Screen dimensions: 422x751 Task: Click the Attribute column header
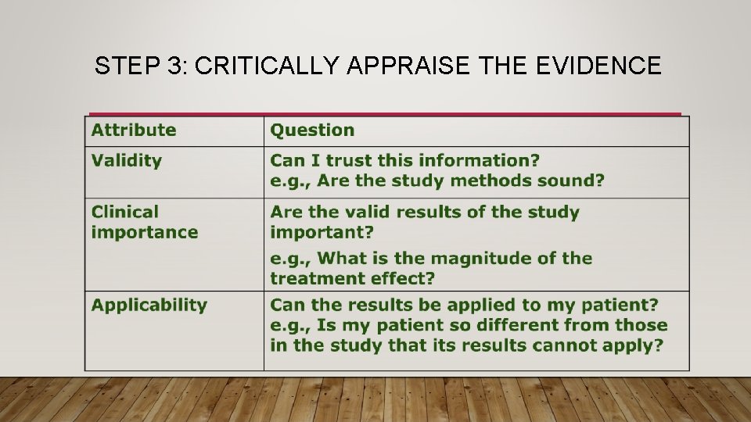point(134,131)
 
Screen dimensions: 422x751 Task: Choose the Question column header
point(312,131)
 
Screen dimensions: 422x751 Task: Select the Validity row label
point(127,161)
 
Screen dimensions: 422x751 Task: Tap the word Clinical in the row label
point(125,212)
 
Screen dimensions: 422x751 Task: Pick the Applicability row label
point(149,306)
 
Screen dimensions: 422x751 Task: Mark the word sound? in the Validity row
point(574,181)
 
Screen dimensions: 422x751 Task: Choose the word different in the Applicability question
point(510,325)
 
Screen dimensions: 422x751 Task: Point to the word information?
point(479,161)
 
